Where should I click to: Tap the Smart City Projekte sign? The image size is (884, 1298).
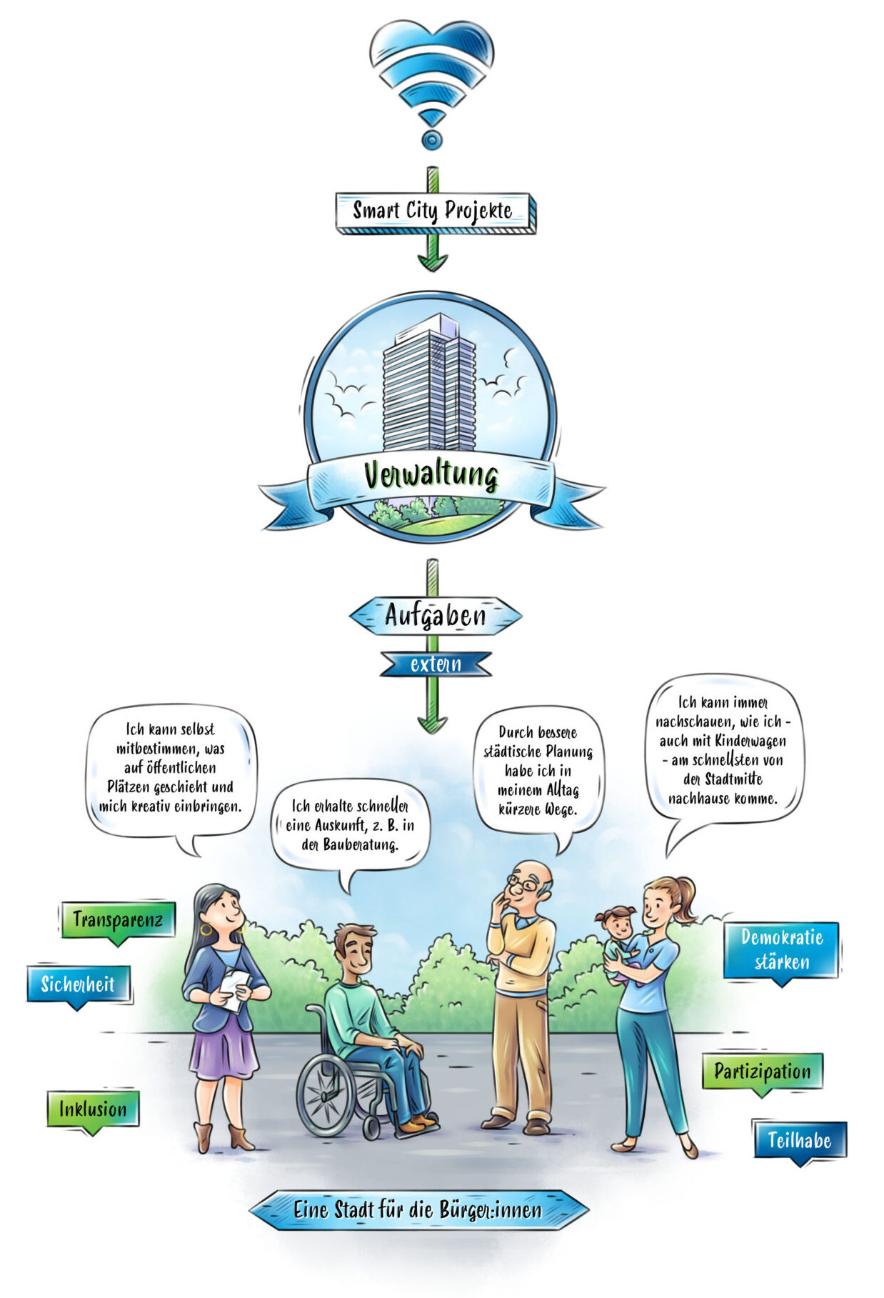coord(434,212)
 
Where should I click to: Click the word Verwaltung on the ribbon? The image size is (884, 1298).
coord(431,475)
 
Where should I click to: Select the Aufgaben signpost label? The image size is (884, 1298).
coord(435,616)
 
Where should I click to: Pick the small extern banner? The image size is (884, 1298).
coord(436,664)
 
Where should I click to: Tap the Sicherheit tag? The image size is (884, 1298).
coord(79,987)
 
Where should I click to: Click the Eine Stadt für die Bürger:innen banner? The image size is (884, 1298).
coord(418,1209)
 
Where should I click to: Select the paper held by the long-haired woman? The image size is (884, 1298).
coord(233,989)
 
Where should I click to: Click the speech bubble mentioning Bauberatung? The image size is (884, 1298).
coord(350,829)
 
